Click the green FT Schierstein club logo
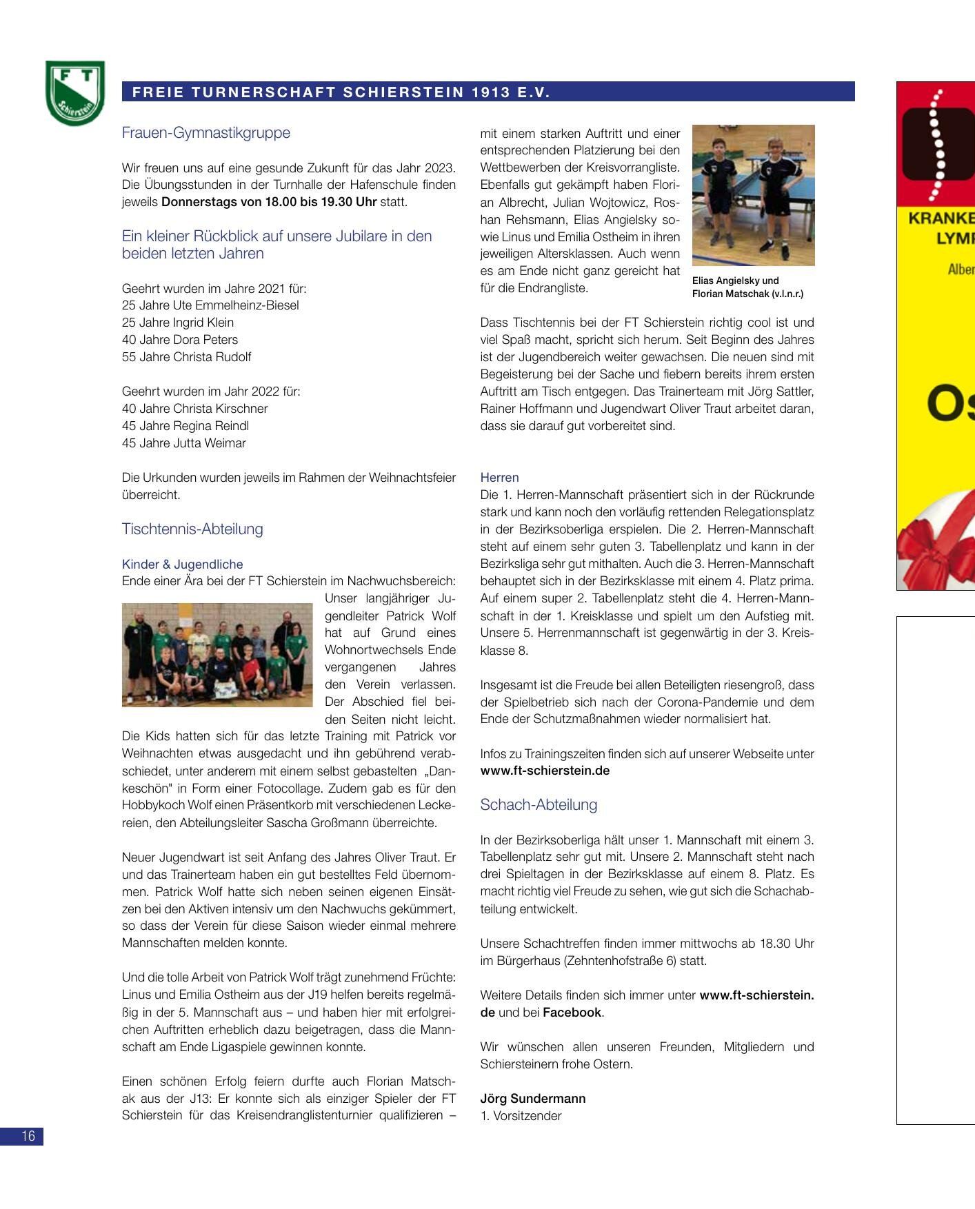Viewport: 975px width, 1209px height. [x=75, y=93]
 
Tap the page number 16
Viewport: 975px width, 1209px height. [x=22, y=1137]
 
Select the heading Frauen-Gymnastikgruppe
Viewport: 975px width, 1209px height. [x=205, y=132]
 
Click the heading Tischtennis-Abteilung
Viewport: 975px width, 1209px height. [x=192, y=529]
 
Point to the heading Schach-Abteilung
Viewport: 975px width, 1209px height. [x=539, y=804]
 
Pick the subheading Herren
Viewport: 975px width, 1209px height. [x=499, y=477]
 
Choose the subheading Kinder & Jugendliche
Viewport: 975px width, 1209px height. [x=182, y=564]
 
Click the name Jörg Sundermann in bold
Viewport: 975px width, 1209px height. [x=533, y=1098]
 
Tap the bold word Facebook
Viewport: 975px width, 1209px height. [x=572, y=1012]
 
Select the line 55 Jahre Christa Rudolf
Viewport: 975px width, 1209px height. [x=186, y=356]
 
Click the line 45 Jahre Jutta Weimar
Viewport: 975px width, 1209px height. [x=183, y=443]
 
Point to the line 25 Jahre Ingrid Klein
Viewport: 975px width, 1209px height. [x=178, y=322]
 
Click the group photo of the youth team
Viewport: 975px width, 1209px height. [x=217, y=654]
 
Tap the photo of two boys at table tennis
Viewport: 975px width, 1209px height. [x=753, y=194]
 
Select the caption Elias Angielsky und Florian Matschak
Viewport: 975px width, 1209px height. [x=747, y=287]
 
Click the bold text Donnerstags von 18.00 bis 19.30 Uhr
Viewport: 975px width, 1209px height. [x=269, y=202]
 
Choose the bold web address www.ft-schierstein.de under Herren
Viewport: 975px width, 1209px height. [x=545, y=771]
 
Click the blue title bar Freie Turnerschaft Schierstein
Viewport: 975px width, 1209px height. [x=488, y=92]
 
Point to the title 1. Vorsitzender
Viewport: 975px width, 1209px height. [x=521, y=1115]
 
